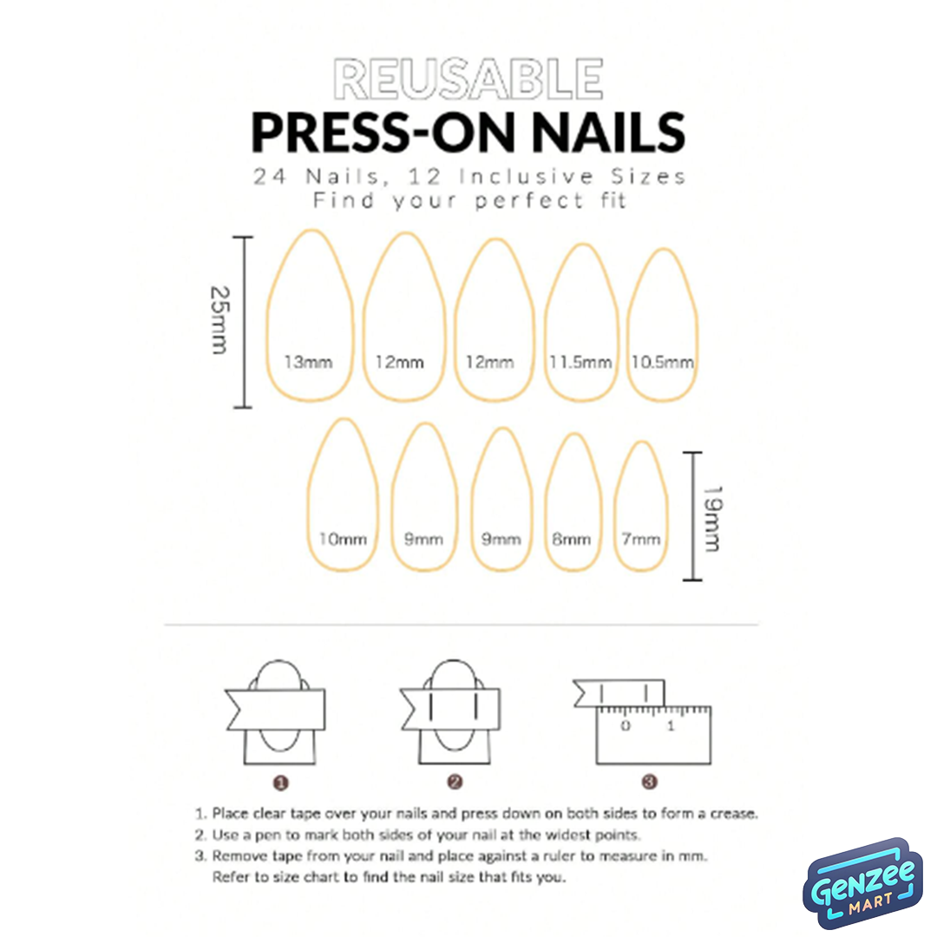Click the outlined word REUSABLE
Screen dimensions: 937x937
468,79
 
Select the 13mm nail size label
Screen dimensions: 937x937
308,362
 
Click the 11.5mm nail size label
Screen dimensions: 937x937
580,362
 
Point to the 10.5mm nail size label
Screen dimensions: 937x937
663,362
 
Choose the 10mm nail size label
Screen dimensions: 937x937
343,539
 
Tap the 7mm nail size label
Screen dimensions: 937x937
641,539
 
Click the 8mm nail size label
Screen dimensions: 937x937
571,539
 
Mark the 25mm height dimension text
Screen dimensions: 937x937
220,319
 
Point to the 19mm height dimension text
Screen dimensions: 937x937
712,519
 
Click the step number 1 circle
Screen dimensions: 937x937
281,783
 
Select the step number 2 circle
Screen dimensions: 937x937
455,783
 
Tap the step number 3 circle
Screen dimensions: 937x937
650,782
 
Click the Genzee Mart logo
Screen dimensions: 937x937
862,883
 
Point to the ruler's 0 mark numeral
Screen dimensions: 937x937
625,726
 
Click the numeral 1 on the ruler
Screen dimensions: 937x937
671,726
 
